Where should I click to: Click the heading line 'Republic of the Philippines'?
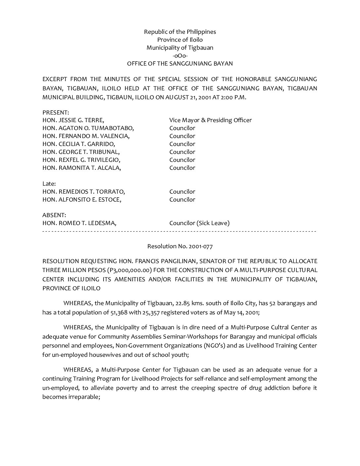tap(180, 32)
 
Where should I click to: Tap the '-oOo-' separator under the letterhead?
tap(180, 56)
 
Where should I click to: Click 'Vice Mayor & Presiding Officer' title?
tap(210, 120)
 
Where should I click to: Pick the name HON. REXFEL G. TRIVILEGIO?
tap(81, 160)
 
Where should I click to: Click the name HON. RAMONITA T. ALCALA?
tap(82, 168)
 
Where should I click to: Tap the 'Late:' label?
tap(49, 184)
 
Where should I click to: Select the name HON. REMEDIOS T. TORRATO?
tap(84, 192)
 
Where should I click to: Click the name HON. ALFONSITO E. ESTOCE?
tap(82, 200)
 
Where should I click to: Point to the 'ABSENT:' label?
tap(54, 215)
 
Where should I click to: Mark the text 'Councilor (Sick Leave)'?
tap(199, 223)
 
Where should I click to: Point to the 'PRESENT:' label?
tap(56, 113)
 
